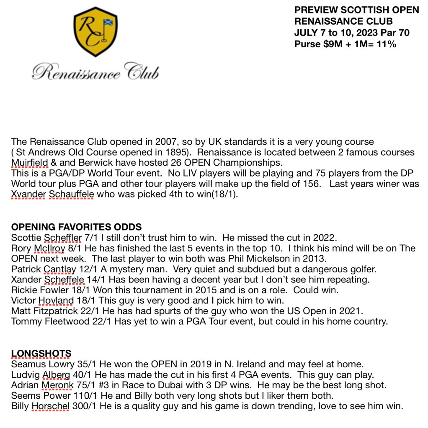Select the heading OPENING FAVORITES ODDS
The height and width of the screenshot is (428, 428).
click(x=76, y=227)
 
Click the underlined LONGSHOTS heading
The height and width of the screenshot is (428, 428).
click(x=41, y=354)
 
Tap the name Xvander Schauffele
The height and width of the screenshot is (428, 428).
click(x=52, y=195)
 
